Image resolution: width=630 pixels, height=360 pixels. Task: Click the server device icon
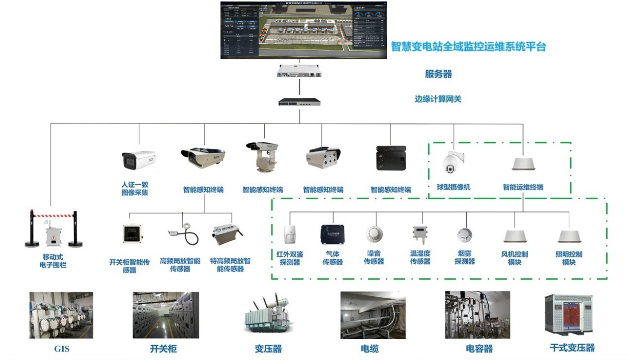point(299,72)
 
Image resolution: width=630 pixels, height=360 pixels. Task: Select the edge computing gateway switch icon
point(299,102)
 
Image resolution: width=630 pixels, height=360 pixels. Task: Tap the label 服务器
point(438,74)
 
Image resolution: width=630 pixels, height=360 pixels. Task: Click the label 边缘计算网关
point(438,99)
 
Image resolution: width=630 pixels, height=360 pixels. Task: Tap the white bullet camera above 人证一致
point(139,160)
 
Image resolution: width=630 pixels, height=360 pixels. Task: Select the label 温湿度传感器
point(420,257)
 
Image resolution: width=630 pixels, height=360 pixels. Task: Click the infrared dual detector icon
point(290,234)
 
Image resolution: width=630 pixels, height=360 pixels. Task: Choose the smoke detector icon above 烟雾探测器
point(465,235)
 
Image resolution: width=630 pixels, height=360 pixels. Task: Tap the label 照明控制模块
point(569,258)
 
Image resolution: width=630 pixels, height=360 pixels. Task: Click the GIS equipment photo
point(61,315)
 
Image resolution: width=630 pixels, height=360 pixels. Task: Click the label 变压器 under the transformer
point(268,349)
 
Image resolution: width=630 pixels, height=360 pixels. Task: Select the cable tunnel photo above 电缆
point(373,315)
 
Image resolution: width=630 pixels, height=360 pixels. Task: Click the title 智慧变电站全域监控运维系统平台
point(468,47)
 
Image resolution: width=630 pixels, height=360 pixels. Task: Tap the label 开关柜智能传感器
point(129,266)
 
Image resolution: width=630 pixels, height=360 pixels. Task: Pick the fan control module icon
point(515,236)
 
